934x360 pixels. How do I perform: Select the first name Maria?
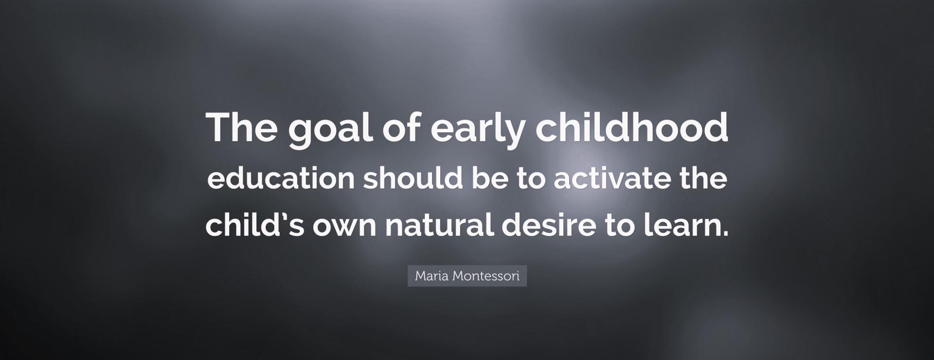click(x=432, y=276)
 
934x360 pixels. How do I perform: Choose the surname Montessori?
click(x=486, y=276)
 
